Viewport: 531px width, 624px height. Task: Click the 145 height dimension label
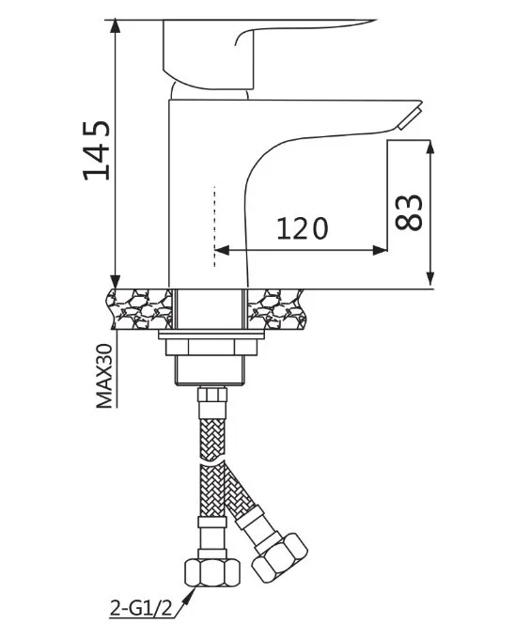(x=96, y=150)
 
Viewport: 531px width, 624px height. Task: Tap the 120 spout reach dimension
(x=303, y=228)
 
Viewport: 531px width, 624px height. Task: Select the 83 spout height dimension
(x=409, y=212)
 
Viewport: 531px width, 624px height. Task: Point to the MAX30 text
(x=104, y=376)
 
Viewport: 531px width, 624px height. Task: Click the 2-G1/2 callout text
(x=141, y=608)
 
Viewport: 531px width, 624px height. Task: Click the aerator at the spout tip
(x=409, y=117)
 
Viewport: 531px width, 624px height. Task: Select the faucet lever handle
(x=255, y=54)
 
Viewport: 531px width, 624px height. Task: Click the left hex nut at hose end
(x=212, y=572)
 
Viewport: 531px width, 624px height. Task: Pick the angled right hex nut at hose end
(x=280, y=559)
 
